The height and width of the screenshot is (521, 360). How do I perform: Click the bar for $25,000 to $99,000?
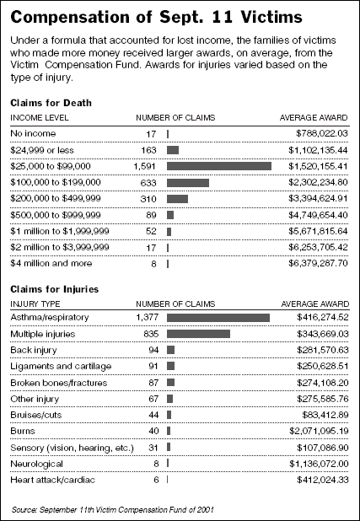pyautogui.click(x=219, y=166)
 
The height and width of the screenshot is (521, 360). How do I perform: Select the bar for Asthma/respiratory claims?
pyautogui.click(x=218, y=318)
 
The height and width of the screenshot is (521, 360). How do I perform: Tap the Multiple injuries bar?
pyautogui.click(x=198, y=334)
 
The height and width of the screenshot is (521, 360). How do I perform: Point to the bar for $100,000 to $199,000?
pyautogui.click(x=188, y=183)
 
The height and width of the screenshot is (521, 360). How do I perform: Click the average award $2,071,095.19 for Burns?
pyautogui.click(x=319, y=432)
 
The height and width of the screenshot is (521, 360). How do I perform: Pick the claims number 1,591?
pyautogui.click(x=145, y=166)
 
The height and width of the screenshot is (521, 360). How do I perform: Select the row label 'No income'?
pyautogui.click(x=33, y=133)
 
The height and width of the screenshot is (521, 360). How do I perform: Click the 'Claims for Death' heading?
pyautogui.click(x=51, y=103)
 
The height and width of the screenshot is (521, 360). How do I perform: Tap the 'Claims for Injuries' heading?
pyautogui.click(x=55, y=289)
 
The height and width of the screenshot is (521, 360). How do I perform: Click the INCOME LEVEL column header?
pyautogui.click(x=40, y=118)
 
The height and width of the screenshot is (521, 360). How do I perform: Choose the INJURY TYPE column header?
pyautogui.click(x=35, y=304)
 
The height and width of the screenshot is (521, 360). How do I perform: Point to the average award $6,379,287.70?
pyautogui.click(x=318, y=264)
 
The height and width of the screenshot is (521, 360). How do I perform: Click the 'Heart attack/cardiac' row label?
pyautogui.click(x=52, y=480)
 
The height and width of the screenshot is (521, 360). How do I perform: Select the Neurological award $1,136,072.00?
pyautogui.click(x=319, y=464)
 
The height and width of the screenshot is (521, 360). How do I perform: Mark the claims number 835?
pyautogui.click(x=151, y=334)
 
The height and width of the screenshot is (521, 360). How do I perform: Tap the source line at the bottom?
pyautogui.click(x=113, y=509)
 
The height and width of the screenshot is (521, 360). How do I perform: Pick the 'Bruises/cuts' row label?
pyautogui.click(x=36, y=415)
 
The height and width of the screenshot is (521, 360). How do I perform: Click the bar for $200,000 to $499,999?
pyautogui.click(x=177, y=199)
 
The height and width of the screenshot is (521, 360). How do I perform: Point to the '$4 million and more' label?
pyautogui.click(x=51, y=264)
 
